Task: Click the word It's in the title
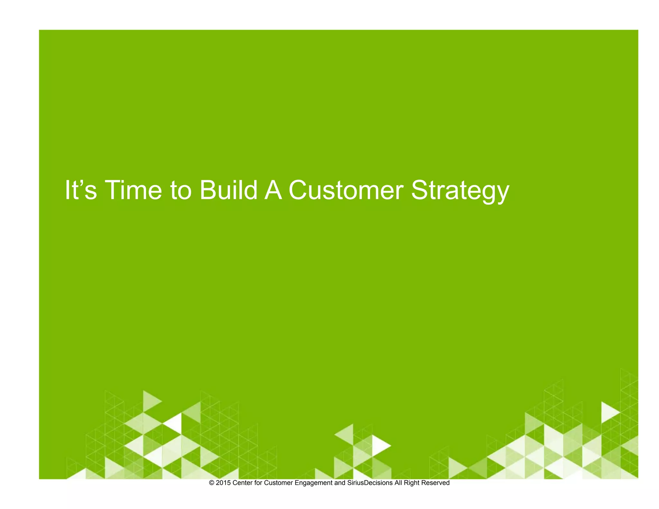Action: coord(81,190)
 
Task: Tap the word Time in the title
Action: coord(133,190)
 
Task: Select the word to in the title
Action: coord(181,190)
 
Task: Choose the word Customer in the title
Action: coord(346,190)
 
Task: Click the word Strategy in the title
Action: coord(460,191)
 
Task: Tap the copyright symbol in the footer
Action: coord(211,483)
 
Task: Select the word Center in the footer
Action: coord(243,483)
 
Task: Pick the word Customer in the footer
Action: coord(278,483)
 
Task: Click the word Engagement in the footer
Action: coord(313,483)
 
